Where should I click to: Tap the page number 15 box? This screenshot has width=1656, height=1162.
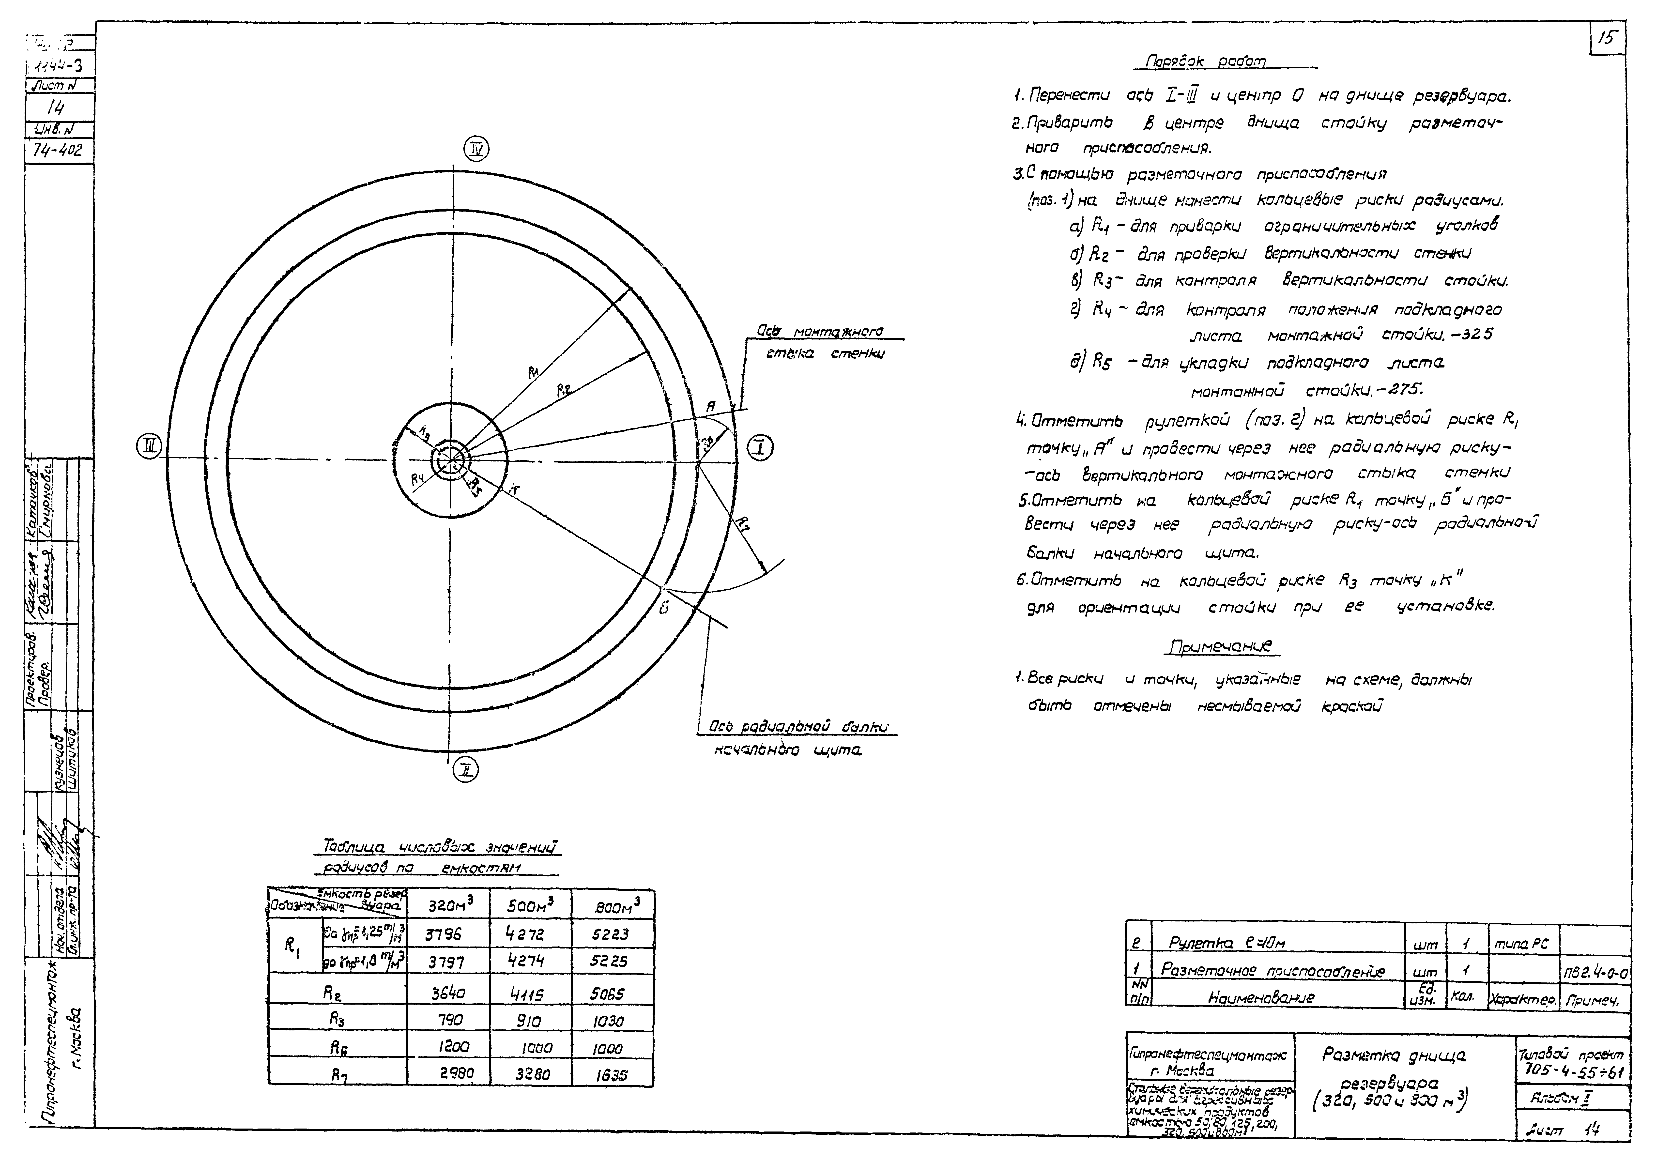click(x=1607, y=38)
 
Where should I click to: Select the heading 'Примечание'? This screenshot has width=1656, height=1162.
click(x=1220, y=646)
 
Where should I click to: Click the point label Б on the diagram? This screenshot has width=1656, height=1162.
click(x=663, y=608)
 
